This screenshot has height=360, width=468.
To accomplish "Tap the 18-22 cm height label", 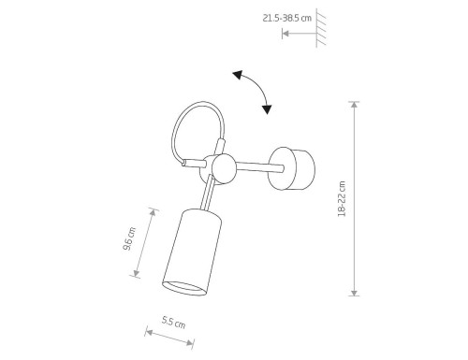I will tap(342, 198).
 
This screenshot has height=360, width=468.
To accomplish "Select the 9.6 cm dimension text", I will tap(131, 239).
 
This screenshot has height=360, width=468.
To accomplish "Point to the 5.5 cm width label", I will tap(174, 323).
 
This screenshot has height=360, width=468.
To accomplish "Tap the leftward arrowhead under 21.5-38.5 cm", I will tap(285, 34).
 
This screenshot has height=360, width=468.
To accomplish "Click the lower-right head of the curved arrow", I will tap(267, 109).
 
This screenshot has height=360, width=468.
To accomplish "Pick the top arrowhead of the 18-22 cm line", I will tap(355, 105).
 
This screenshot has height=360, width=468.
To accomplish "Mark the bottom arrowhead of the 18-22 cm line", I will tap(355, 292).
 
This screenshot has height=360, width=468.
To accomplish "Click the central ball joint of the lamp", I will tap(223, 168).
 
